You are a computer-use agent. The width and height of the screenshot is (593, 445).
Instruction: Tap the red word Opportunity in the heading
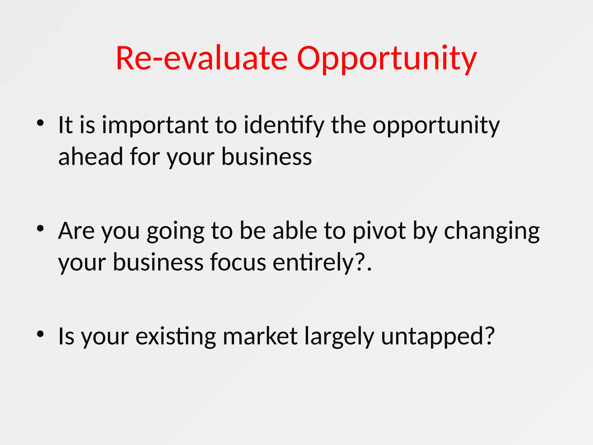pyautogui.click(x=387, y=59)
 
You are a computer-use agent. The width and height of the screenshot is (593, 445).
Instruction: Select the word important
pyautogui.click(x=155, y=125)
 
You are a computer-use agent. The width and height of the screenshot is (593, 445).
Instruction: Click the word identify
pyautogui.click(x=284, y=125)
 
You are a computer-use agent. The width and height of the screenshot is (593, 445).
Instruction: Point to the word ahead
pyautogui.click(x=91, y=156)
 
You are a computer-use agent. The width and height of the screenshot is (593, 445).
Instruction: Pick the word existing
pyautogui.click(x=176, y=337)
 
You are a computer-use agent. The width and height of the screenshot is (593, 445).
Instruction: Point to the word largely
pyautogui.click(x=339, y=337)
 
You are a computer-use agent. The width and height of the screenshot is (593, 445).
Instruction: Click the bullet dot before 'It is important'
pyautogui.click(x=40, y=123)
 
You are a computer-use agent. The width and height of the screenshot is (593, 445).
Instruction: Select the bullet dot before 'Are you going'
pyautogui.click(x=40, y=229)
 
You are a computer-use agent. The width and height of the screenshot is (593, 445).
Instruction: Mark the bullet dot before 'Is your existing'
pyautogui.click(x=40, y=334)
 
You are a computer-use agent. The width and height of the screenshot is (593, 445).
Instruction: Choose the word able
pyautogui.click(x=295, y=231)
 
